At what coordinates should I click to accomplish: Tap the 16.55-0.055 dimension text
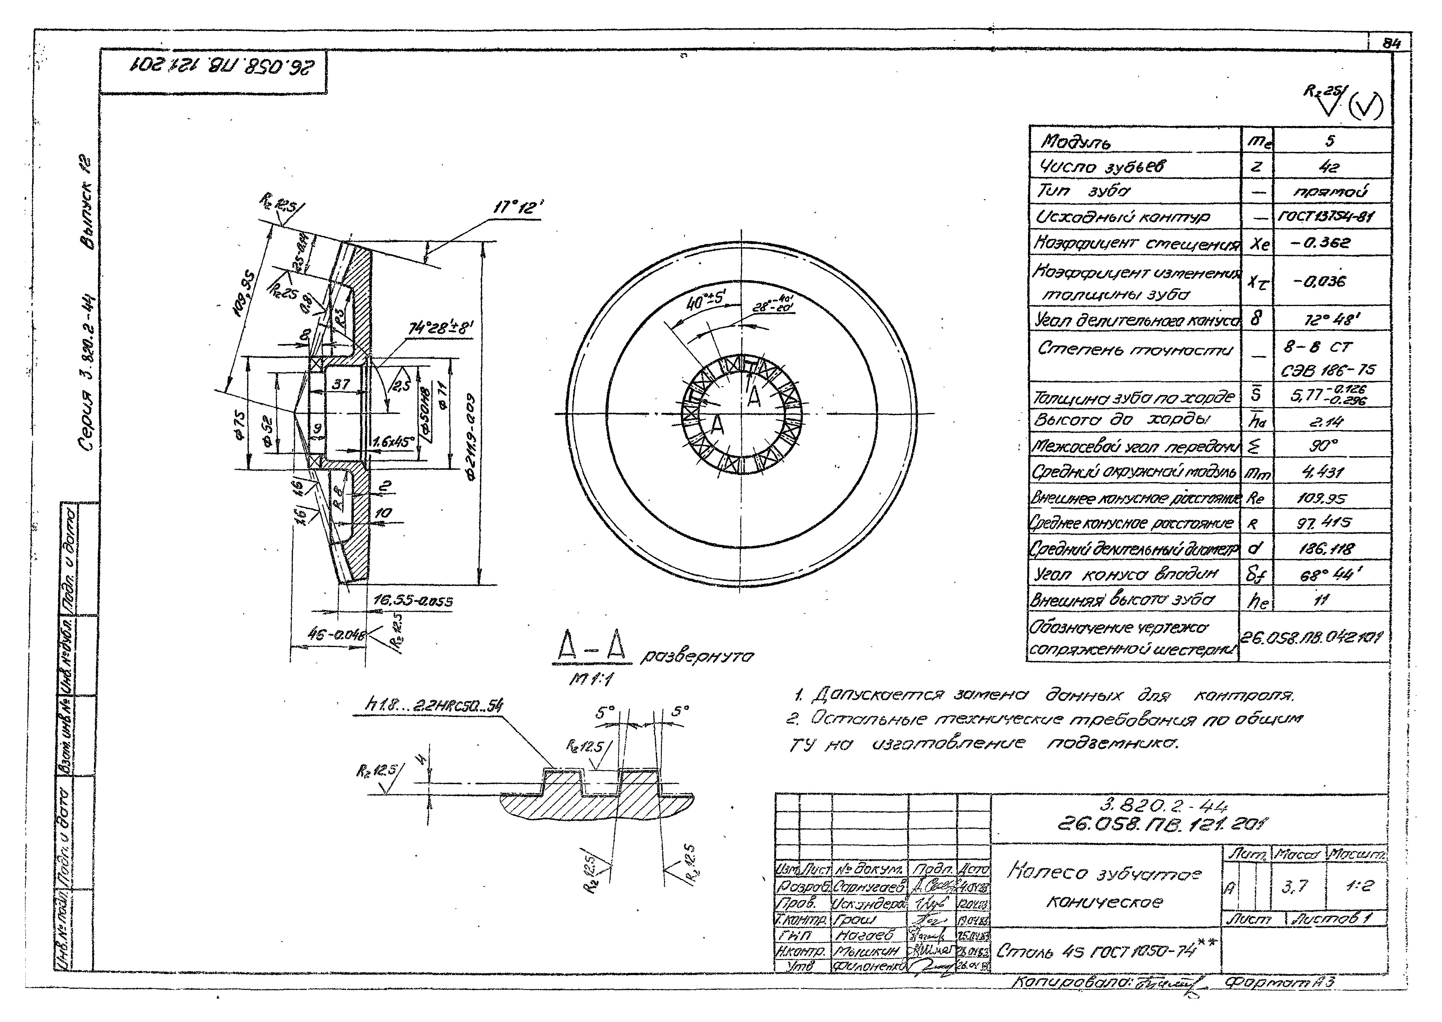tap(412, 602)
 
